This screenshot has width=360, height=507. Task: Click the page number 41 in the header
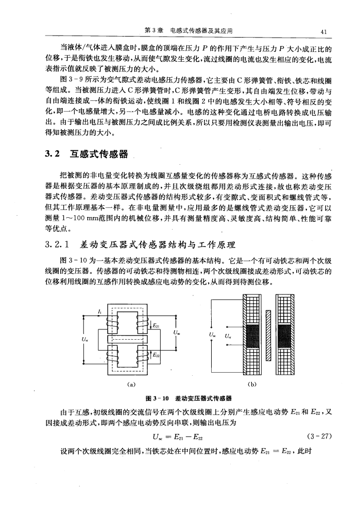pyautogui.click(x=324, y=30)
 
